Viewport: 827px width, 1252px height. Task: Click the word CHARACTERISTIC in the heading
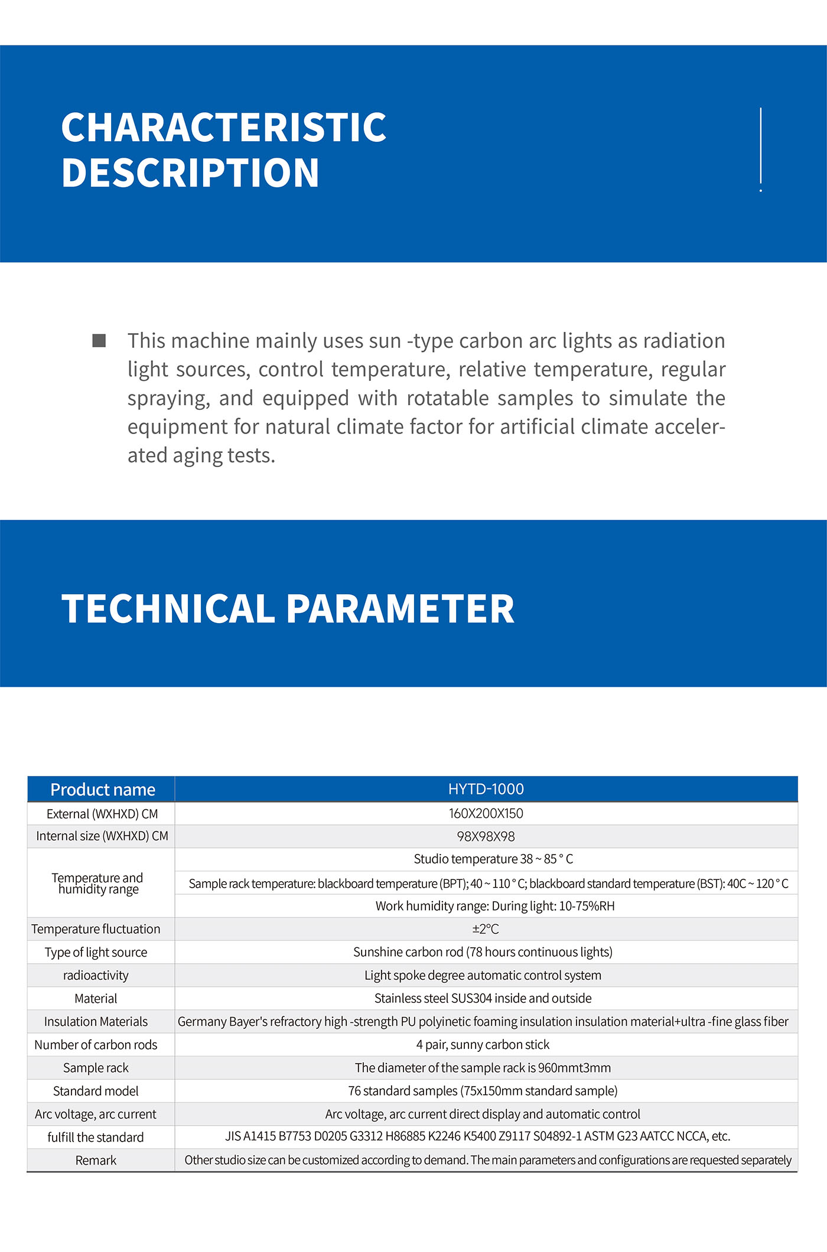click(223, 128)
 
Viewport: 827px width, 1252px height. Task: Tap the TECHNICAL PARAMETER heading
click(288, 609)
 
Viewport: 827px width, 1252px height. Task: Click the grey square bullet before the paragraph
click(99, 341)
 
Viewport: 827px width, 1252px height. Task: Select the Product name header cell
click(102, 790)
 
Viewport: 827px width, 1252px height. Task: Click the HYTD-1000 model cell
click(486, 789)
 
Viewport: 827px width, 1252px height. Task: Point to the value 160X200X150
click(486, 813)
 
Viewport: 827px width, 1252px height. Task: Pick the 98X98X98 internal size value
click(486, 836)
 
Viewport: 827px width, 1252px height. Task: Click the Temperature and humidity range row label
click(98, 883)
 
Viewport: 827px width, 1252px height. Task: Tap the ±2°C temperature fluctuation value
click(486, 929)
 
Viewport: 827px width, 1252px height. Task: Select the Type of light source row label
click(96, 952)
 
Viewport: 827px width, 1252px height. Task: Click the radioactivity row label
click(96, 975)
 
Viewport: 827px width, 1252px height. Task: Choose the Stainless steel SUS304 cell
click(483, 998)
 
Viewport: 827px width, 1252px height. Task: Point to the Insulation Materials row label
click(96, 1021)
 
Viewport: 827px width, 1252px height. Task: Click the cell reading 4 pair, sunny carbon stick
click(483, 1044)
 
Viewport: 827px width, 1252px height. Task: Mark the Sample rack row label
click(96, 1068)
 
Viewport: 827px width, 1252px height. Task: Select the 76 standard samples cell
click(483, 1091)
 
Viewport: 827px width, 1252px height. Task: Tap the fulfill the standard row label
click(96, 1137)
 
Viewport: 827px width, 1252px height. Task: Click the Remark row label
click(96, 1160)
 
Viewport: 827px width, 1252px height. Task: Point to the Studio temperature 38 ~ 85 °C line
click(493, 859)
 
